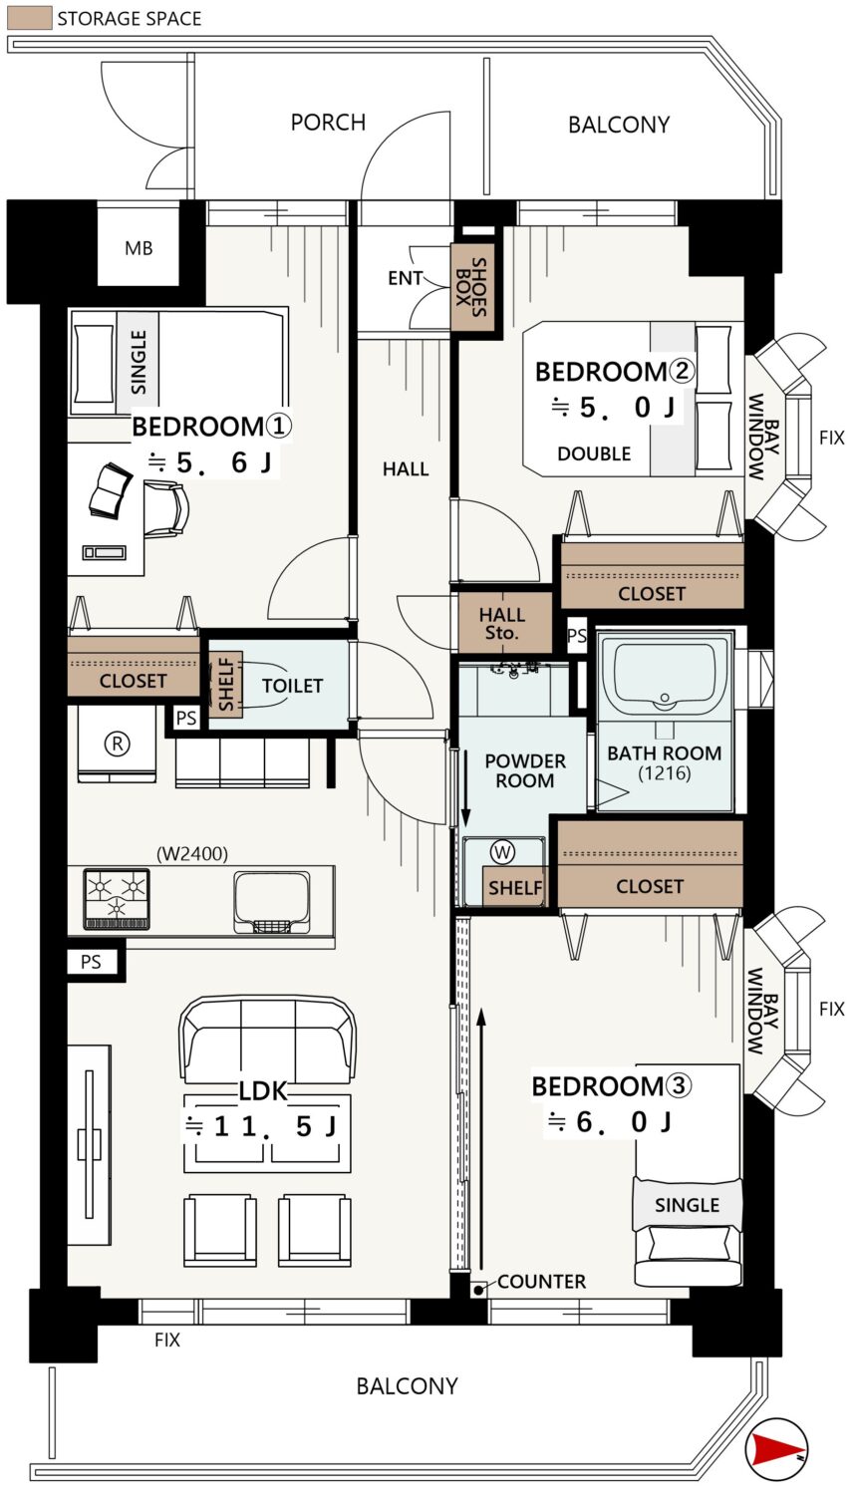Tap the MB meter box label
coord(139,248)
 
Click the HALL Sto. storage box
coord(505,623)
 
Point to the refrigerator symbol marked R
coord(118,744)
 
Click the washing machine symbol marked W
coord(503,851)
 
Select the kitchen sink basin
coord(271,900)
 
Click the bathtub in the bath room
coord(665,674)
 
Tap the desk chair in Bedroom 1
coord(166,509)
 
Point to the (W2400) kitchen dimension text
coord(192,853)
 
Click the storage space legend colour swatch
coord(29,18)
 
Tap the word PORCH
coord(328,123)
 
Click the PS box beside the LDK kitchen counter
coord(91,962)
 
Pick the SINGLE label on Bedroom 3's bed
coord(688,1205)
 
